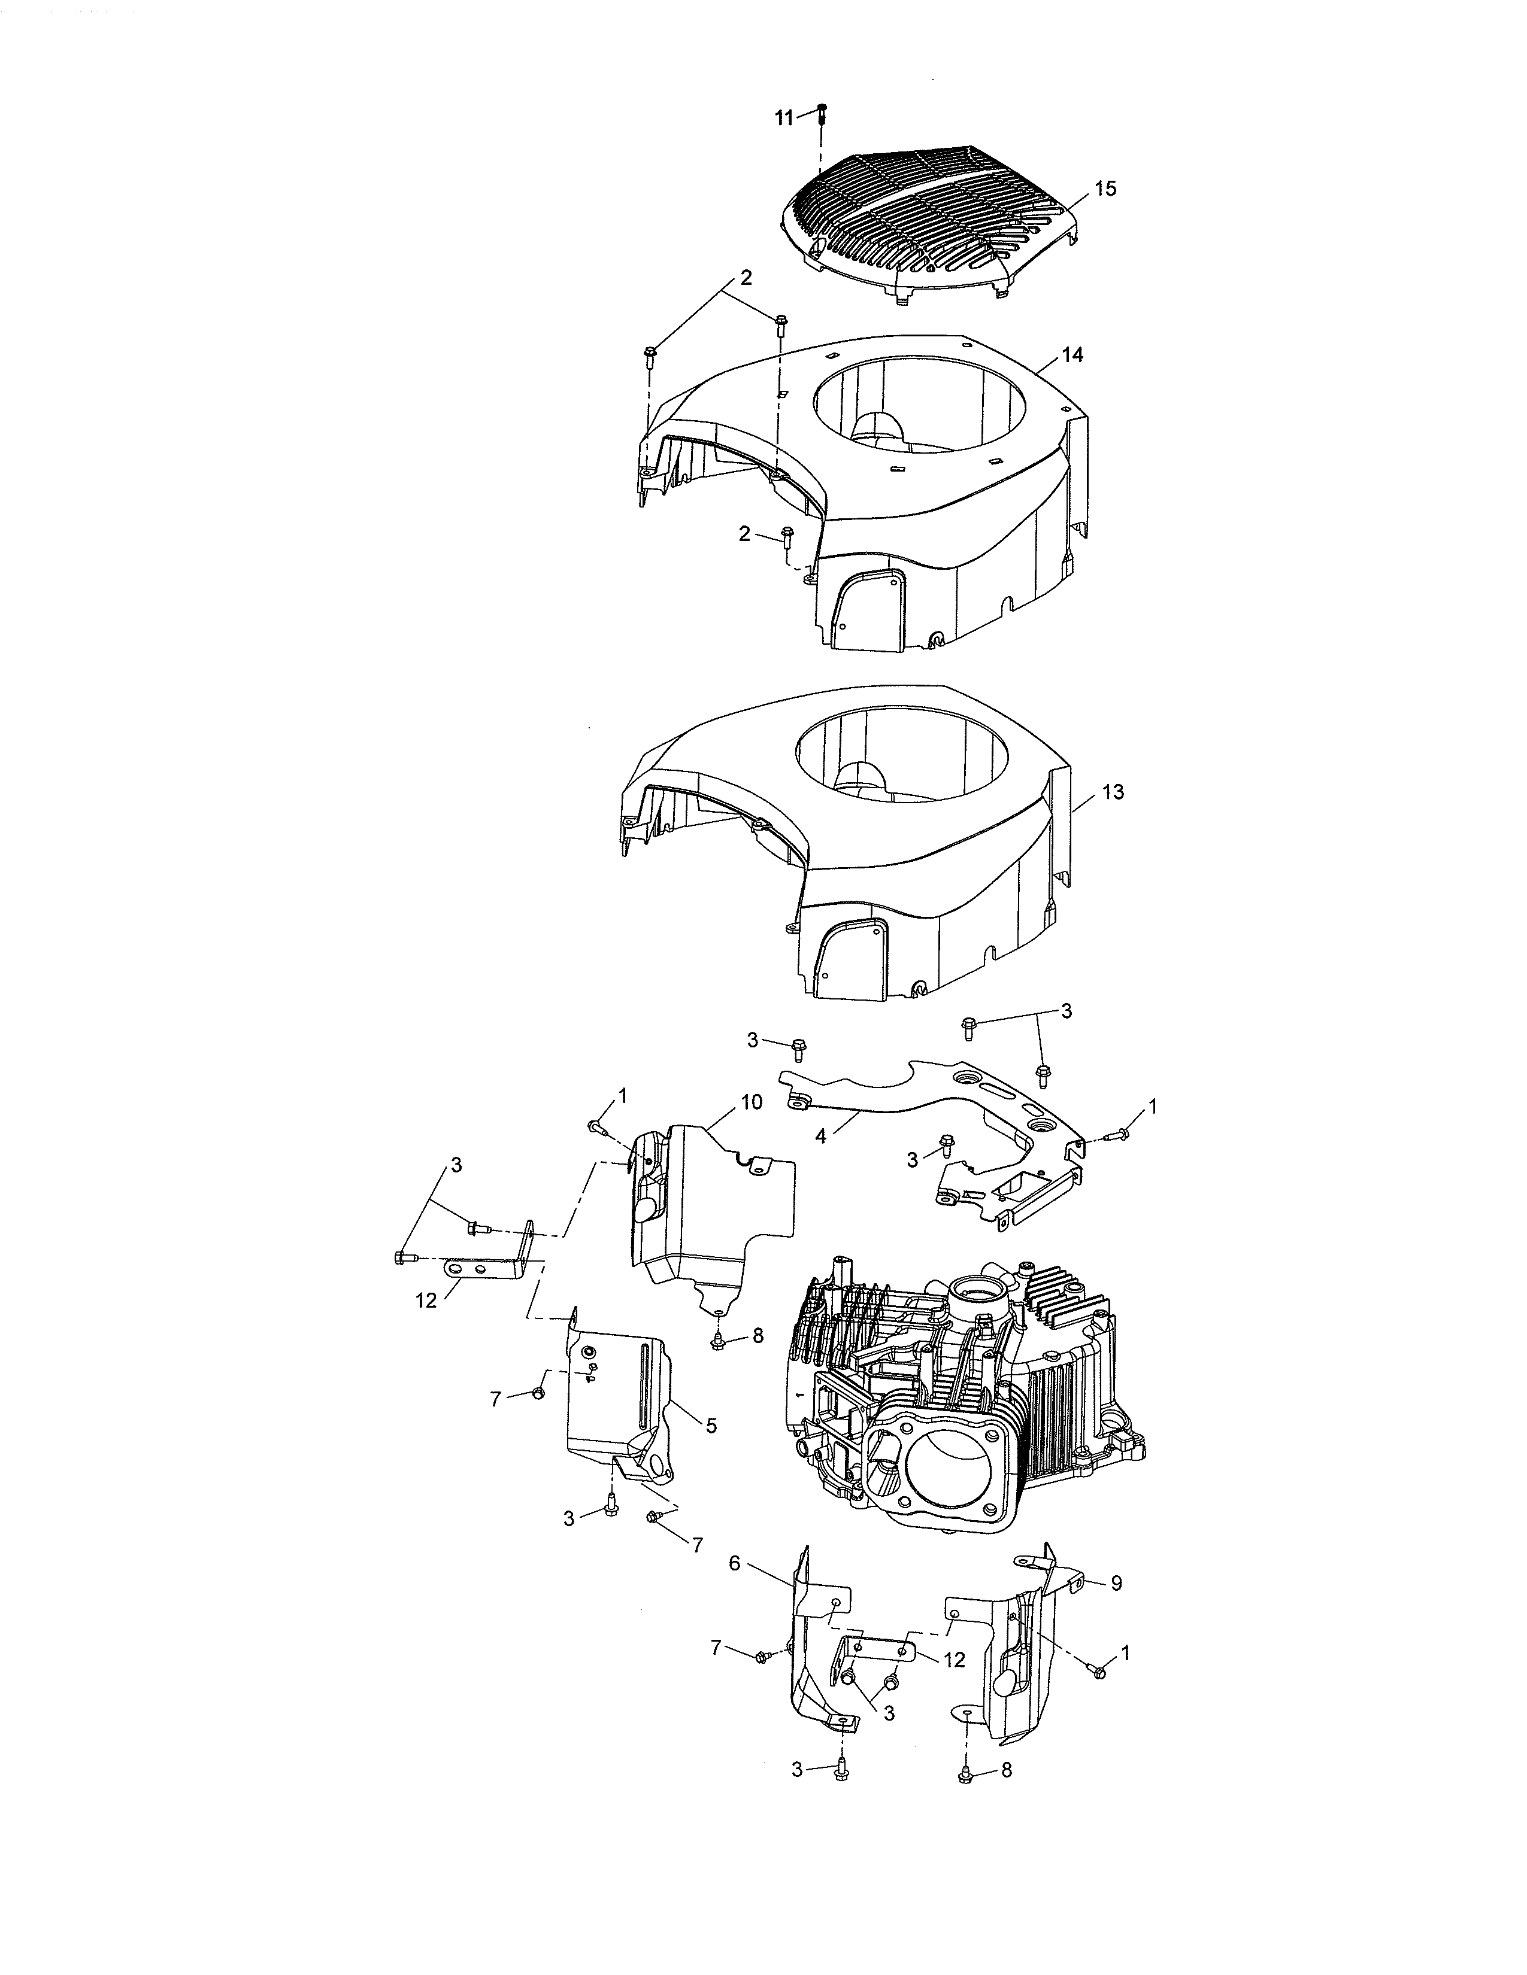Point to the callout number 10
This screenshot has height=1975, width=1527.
click(751, 1101)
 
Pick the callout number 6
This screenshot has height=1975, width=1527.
click(735, 1563)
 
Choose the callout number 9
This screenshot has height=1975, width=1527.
click(1116, 1584)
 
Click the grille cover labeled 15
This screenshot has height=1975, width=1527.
click(932, 212)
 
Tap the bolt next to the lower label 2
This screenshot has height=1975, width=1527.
click(786, 537)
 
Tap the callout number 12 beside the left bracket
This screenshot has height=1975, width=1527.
click(426, 1301)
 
